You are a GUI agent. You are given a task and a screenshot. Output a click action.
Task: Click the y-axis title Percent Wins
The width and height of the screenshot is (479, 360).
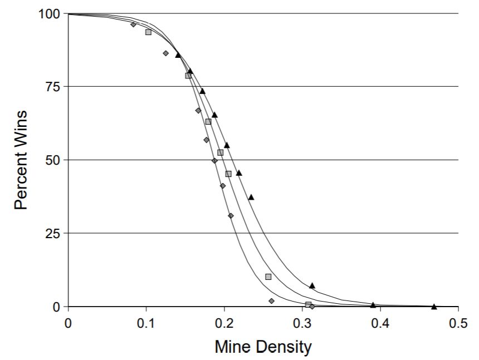[21, 160]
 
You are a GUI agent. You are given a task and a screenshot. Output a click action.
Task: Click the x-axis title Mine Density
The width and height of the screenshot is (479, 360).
[263, 348]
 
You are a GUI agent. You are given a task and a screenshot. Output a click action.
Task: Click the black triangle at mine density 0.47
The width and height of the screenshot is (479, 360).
[434, 306]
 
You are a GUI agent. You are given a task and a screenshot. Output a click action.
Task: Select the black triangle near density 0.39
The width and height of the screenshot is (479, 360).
[373, 304]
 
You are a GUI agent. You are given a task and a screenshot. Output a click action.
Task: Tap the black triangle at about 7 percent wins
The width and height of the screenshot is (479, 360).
[312, 285]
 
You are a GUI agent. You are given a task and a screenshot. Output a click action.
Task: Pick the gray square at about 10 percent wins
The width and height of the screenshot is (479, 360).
[268, 277]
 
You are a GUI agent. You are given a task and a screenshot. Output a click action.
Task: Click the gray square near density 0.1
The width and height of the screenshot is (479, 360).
[148, 32]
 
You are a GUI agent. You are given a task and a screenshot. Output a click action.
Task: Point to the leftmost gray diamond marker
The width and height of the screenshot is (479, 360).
[133, 24]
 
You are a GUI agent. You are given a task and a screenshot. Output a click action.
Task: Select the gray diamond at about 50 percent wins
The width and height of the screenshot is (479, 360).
[214, 161]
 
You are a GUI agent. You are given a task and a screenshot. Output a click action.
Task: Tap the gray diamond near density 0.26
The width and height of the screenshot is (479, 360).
[271, 301]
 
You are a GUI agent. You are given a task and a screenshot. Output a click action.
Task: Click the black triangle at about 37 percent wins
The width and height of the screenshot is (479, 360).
[251, 197]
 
